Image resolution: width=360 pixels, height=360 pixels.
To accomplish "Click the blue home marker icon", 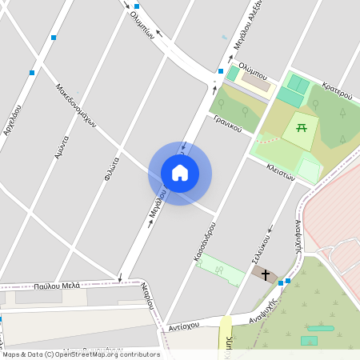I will pos(180,173).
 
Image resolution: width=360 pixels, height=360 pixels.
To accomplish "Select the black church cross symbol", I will pos(266,274).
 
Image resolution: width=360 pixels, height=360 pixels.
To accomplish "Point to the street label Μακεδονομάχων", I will pos(76,106).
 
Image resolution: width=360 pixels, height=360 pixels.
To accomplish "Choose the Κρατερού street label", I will pos(337,90).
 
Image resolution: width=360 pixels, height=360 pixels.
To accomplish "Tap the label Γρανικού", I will pos(227,122).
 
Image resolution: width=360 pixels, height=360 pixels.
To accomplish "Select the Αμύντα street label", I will pos(62,150).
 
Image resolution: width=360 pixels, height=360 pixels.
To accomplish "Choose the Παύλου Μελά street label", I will pos(57,285).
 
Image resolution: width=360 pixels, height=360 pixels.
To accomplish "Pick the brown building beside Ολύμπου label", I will pos(256,82).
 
